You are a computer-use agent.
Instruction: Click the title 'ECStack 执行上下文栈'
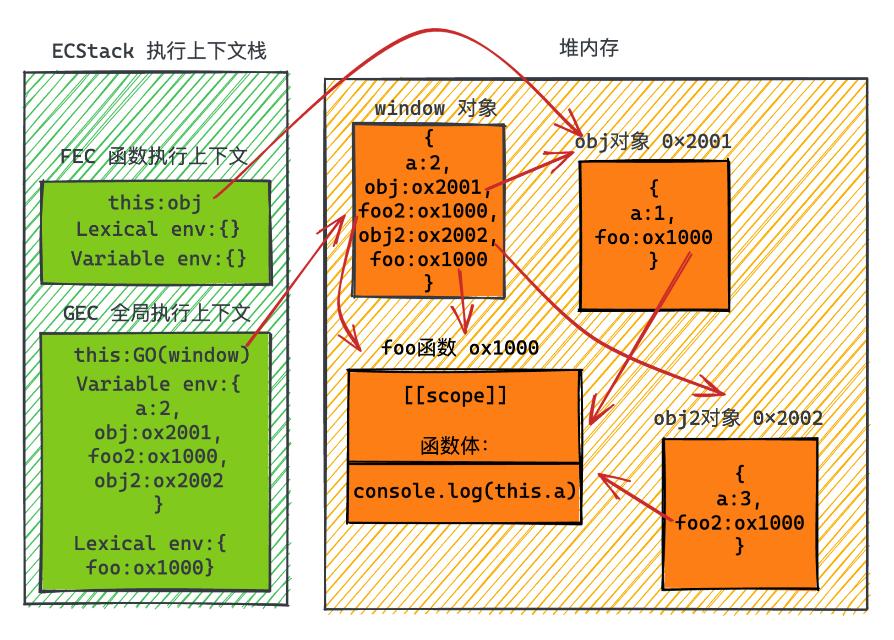coord(159,51)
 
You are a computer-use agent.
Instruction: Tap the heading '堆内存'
coord(589,48)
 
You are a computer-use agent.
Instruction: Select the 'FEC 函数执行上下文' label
coord(154,157)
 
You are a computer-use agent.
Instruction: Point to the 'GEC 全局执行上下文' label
coord(157,314)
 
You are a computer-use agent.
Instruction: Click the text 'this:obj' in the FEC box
coord(155,203)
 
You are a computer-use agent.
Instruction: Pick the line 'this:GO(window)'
coord(162,355)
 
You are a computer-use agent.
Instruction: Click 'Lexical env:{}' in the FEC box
coord(158,229)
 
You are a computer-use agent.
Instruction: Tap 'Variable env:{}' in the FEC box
coord(158,259)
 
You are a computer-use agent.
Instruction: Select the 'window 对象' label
coord(436,108)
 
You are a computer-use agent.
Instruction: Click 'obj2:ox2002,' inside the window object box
coord(427,235)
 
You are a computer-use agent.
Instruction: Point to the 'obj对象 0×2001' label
coord(653,141)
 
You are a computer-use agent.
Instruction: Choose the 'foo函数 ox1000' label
coord(460,348)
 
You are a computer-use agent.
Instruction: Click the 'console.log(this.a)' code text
coord(464,491)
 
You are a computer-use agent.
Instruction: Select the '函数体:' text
coord(454,445)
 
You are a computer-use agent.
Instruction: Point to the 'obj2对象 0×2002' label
coord(738,418)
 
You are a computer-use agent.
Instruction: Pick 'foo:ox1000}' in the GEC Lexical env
coord(150,568)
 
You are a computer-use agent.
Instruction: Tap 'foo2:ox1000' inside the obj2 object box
coord(740,523)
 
